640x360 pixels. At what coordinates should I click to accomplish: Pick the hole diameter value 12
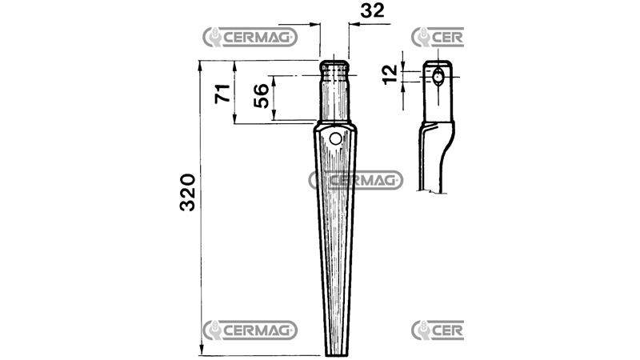[390, 76]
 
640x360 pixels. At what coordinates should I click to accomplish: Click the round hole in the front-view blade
[334, 139]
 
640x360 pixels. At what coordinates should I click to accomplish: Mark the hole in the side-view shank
[438, 78]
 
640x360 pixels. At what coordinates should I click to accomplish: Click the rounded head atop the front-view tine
[334, 66]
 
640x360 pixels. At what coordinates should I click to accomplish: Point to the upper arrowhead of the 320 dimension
[200, 65]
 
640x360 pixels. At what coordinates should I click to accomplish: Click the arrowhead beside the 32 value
[354, 26]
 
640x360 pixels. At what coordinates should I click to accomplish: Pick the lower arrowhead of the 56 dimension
[274, 116]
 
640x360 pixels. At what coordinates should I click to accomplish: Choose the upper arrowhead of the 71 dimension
[235, 65]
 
